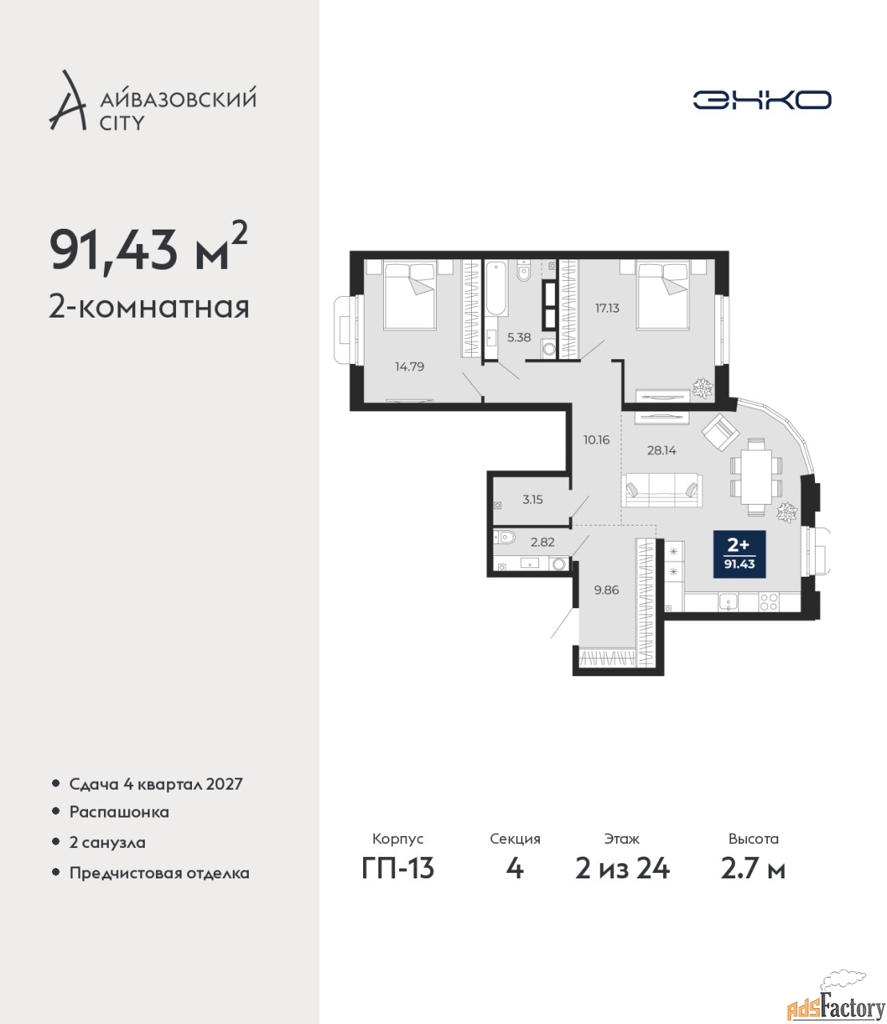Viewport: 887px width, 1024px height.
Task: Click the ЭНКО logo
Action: coord(761,100)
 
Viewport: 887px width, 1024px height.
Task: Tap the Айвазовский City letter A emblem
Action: coord(68,101)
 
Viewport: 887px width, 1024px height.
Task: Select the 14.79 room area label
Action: coord(410,366)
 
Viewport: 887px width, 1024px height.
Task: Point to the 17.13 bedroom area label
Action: coord(607,308)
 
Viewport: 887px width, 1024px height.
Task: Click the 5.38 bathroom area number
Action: coord(519,338)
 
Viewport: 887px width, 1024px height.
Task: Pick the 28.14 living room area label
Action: coord(661,450)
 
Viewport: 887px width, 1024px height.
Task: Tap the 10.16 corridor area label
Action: coord(597,439)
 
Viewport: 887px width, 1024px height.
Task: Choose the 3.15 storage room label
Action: coord(533,499)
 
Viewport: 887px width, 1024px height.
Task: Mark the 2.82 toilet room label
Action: coord(542,542)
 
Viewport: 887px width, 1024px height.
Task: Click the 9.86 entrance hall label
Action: coord(607,590)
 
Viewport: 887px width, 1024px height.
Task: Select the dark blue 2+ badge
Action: coord(739,554)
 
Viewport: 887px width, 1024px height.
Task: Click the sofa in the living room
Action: coord(661,490)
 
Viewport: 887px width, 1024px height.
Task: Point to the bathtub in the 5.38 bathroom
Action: coord(496,289)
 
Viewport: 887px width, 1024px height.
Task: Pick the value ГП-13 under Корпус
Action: coord(398,869)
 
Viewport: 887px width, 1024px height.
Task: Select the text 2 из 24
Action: coord(622,869)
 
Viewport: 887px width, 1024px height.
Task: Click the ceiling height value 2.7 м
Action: coord(753,869)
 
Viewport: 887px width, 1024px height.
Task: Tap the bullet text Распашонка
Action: coord(119,812)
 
